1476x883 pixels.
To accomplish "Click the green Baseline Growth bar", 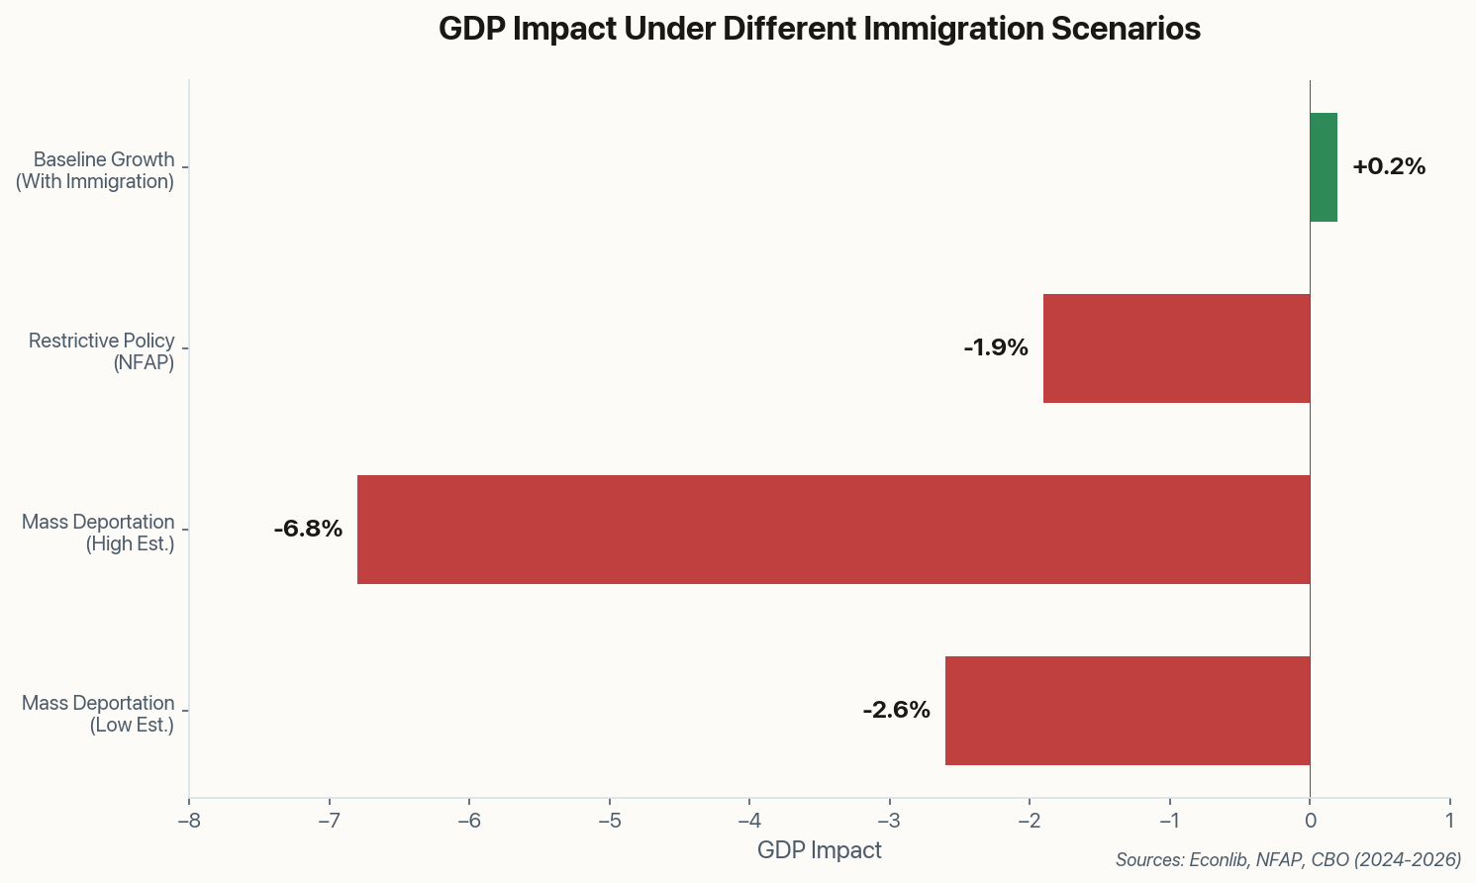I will tap(1324, 167).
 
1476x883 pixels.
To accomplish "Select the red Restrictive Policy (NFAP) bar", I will tap(1176, 348).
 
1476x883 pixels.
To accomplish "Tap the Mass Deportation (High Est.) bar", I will tap(834, 530).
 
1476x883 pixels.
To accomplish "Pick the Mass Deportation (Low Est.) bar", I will tap(1128, 711).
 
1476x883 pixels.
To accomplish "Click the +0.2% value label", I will tap(1388, 167).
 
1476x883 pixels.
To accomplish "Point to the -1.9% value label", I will tap(995, 348).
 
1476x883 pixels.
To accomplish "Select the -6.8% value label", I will tap(308, 530).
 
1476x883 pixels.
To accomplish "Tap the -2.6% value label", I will tap(896, 711).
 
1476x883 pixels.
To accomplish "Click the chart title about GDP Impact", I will tap(819, 29).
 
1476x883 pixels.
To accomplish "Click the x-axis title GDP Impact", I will tap(819, 850).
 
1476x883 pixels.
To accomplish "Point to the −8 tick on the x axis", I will tap(189, 821).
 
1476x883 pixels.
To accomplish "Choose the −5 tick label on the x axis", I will tap(609, 821).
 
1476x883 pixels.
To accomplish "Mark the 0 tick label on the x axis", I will tap(1310, 821).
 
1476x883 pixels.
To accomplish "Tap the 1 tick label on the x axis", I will tap(1449, 821).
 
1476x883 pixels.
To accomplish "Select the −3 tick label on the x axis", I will tap(889, 821).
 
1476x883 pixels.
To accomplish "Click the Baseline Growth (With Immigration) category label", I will tap(95, 170).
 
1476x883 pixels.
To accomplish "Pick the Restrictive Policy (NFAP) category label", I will tap(101, 351).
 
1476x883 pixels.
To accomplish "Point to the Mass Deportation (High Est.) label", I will tap(98, 533).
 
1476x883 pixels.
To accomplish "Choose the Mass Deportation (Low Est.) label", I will tap(98, 714).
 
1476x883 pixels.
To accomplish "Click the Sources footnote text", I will tap(1288, 860).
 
